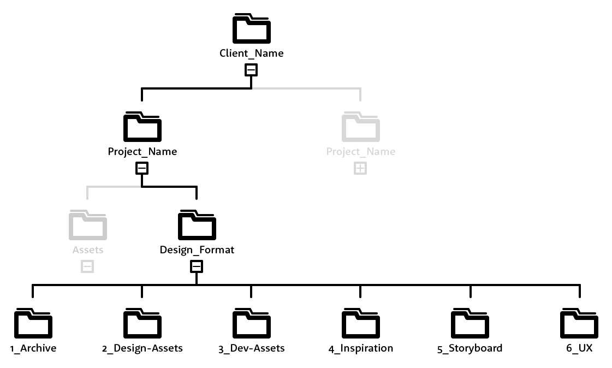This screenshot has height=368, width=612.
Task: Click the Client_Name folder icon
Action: point(251,28)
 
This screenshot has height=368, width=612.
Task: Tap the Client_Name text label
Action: point(251,54)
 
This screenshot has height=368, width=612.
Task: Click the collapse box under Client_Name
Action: point(251,70)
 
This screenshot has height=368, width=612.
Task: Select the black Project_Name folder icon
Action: point(142,127)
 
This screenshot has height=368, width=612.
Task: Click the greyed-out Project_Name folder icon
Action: point(360,127)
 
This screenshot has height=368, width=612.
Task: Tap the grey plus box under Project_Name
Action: point(360,168)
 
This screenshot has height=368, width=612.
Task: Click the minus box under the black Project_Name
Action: point(142,168)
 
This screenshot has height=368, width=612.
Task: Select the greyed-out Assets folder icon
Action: point(87,225)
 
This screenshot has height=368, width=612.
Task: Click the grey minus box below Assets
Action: point(87,266)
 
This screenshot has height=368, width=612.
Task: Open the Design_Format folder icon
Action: point(197,225)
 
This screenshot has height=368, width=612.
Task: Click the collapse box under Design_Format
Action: point(197,266)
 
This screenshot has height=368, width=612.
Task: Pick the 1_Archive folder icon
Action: point(33,323)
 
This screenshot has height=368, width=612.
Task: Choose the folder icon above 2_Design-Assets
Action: point(142,323)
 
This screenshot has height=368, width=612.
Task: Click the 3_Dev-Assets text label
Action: point(251,348)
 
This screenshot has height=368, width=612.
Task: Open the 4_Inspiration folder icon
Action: point(360,323)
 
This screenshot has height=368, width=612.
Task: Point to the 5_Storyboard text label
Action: point(470,348)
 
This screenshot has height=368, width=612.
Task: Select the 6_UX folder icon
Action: point(579,323)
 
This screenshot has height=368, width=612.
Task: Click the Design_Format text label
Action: point(197,250)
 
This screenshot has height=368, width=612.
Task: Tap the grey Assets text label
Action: point(87,250)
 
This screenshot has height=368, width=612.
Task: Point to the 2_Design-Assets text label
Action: point(142,348)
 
